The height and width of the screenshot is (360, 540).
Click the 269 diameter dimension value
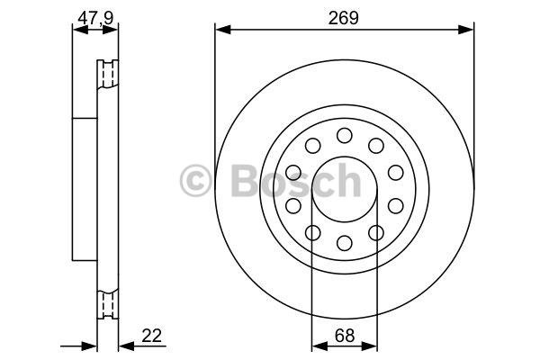coord(344,18)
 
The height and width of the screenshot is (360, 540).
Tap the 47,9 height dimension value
coord(95,18)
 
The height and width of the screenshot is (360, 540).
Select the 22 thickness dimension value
coord(151,335)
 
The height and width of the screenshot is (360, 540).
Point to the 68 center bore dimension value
coord(345,335)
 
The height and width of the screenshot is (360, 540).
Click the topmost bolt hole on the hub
coord(345,135)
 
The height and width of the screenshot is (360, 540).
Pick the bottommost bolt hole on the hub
coord(345,243)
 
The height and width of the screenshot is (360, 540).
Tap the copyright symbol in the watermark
coord(195,181)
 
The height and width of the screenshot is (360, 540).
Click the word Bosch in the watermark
coord(296,181)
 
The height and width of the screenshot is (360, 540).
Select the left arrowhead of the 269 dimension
coord(223,30)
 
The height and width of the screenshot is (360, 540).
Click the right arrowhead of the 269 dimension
coord(466,30)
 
